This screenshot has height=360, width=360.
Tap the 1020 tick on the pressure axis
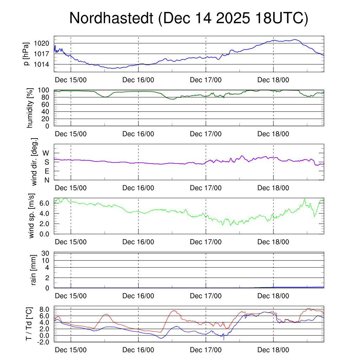pyautogui.click(x=43, y=43)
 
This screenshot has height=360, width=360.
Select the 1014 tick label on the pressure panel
pyautogui.click(x=43, y=64)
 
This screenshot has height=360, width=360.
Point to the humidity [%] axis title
pyautogui.click(x=31, y=108)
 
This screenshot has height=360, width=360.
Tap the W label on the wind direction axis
pyautogui.click(x=46, y=153)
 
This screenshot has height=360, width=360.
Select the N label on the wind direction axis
pyautogui.click(x=46, y=180)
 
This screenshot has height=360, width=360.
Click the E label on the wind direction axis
pyautogui.click(x=46, y=171)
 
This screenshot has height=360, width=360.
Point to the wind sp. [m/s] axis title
pyautogui.click(x=31, y=216)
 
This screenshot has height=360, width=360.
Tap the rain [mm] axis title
pyautogui.click(x=34, y=270)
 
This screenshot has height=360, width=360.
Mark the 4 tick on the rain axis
pyautogui.click(x=48, y=268)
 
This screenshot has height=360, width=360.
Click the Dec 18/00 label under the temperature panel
pyautogui.click(x=273, y=350)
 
